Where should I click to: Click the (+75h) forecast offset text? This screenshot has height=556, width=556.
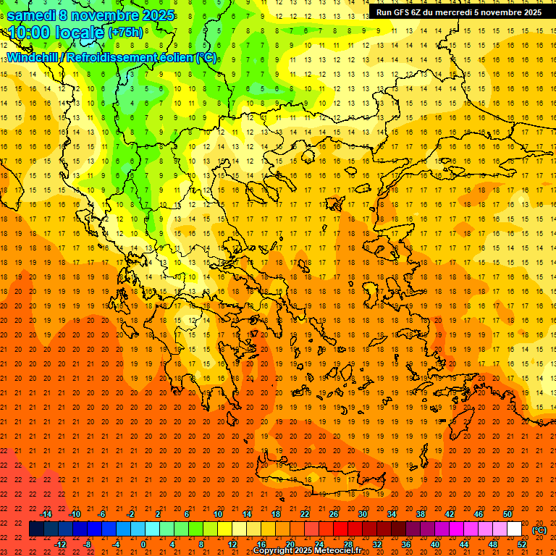click(125, 33)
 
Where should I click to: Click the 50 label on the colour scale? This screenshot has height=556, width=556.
click(507, 514)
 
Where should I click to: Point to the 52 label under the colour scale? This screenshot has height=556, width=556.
click(522, 544)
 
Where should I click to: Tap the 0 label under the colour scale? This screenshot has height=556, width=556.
click(143, 544)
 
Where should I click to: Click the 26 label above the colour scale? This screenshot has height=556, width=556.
click(334, 514)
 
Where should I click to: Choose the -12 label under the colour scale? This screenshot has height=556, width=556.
click(61, 544)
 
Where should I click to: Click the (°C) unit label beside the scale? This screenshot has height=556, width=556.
click(539, 530)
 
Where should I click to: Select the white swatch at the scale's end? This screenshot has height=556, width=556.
click(514, 529)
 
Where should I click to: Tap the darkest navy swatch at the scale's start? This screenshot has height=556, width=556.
click(36, 529)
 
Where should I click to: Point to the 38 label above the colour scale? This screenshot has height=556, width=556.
click(421, 514)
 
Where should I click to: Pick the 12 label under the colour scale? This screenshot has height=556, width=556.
click(232, 544)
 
